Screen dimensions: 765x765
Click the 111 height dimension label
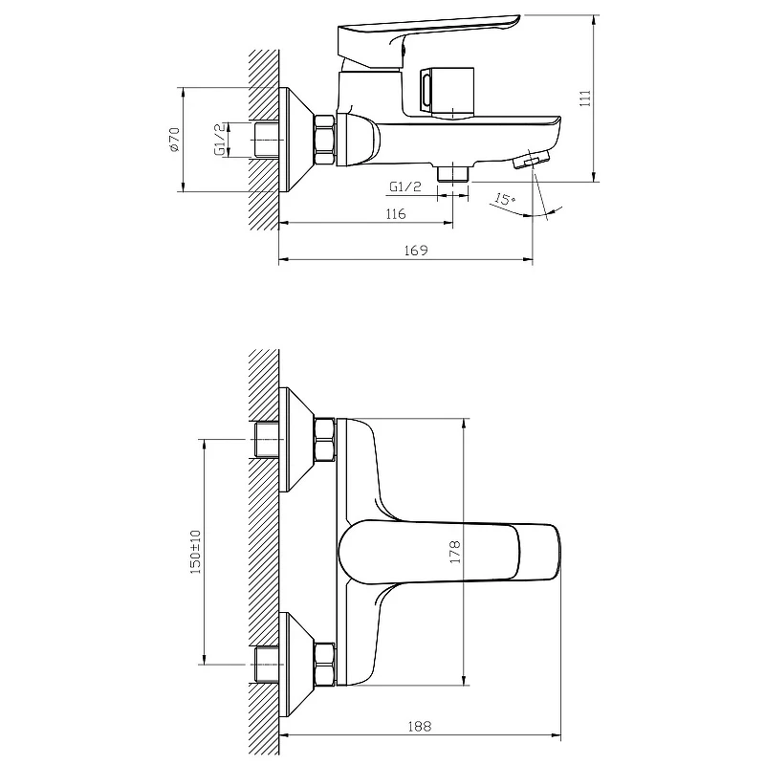pyautogui.click(x=585, y=98)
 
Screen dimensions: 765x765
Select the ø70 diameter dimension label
pyautogui.click(x=174, y=140)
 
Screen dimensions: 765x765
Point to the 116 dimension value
pyautogui.click(x=395, y=214)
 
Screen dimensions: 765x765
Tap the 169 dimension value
pyautogui.click(x=416, y=251)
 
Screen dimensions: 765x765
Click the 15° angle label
pyautogui.click(x=505, y=200)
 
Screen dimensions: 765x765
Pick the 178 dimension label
pyautogui.click(x=455, y=552)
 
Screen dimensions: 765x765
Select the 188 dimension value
pyautogui.click(x=420, y=727)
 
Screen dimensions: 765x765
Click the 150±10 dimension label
pyautogui.click(x=195, y=552)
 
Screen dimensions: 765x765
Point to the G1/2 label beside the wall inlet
pyautogui.click(x=221, y=140)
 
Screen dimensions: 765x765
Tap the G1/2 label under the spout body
pyautogui.click(x=404, y=186)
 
